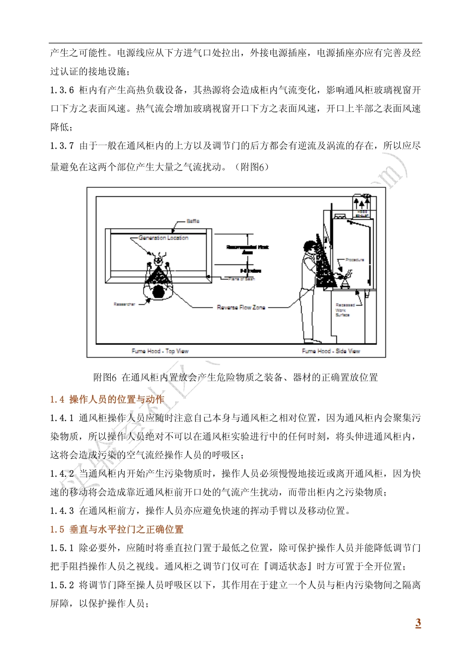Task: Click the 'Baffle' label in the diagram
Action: pos(193,221)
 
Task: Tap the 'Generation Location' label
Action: pos(163,238)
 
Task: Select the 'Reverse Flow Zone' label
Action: pos(241,308)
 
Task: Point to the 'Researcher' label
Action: pos(124,304)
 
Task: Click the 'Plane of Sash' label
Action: pos(241,279)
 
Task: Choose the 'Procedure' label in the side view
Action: pos(355,260)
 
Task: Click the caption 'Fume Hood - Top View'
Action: pos(160,351)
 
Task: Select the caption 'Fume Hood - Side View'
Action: pos(331,351)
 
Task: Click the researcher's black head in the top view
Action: pos(158,291)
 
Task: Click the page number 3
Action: pos(418,623)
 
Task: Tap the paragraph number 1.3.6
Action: pos(62,90)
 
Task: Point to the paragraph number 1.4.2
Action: pos(62,474)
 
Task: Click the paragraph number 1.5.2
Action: pos(62,585)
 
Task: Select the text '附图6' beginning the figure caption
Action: pos(105,378)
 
